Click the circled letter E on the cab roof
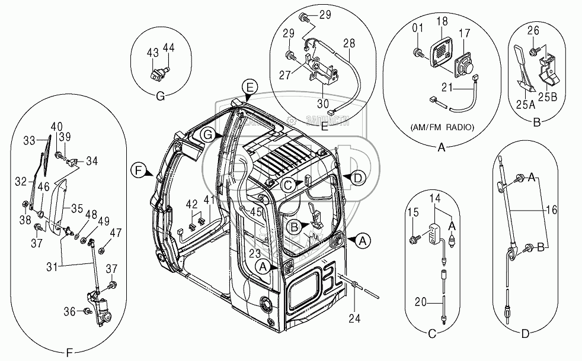250,88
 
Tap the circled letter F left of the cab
137,171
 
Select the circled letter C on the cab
286,185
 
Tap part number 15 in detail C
414,211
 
